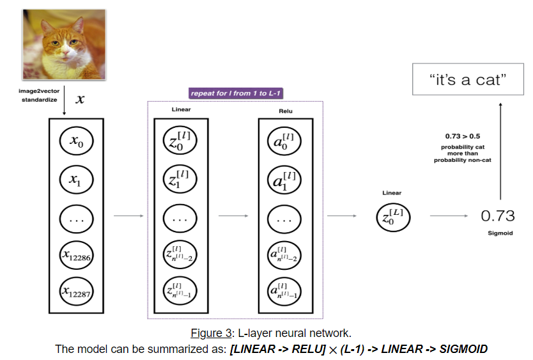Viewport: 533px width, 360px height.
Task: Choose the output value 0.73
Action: click(x=498, y=216)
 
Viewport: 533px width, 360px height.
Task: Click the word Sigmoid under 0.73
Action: click(x=498, y=233)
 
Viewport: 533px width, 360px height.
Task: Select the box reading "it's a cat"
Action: click(x=468, y=81)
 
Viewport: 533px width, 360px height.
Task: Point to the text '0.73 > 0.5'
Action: click(x=463, y=137)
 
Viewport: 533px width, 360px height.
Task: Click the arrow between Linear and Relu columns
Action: click(x=234, y=216)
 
